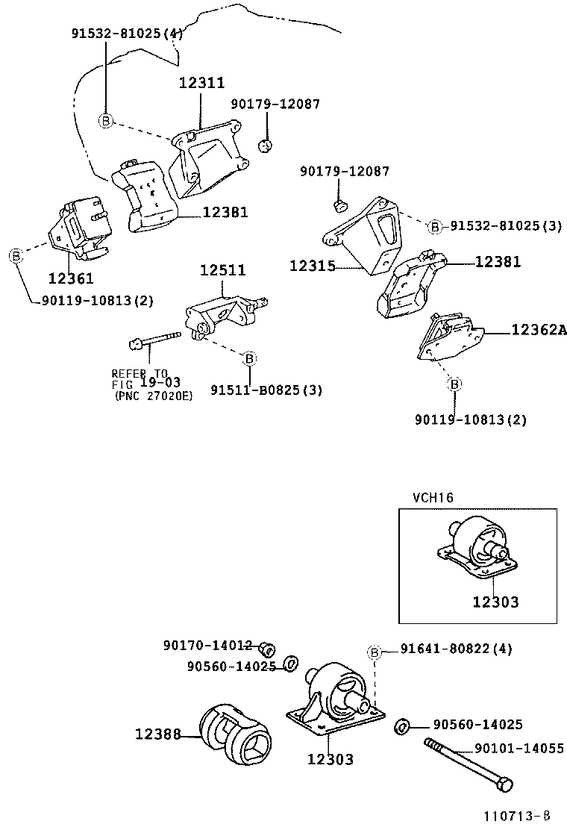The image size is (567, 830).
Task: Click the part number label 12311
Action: pos(201,83)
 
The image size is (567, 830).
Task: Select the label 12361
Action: pos(71,278)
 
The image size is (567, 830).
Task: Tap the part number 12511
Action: pos(222,269)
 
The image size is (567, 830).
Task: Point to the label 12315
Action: pos(313,265)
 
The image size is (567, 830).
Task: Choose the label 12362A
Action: pos(539,328)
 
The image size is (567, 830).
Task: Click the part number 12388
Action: pos(157,734)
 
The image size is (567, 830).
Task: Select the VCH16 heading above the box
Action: pos(433,496)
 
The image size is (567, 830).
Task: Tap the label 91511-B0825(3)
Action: pos(266,390)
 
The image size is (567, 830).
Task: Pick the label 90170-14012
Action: pos(208,645)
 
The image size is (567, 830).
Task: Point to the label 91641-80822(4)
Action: pos(456,649)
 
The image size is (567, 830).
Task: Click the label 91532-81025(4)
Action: pos(127,34)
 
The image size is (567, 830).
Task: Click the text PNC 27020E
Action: pos(154,396)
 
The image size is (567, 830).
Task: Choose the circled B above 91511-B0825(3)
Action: pos(250,359)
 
